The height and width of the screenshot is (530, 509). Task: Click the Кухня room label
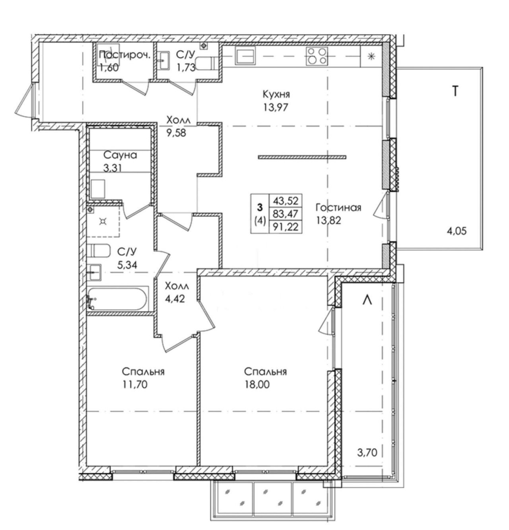click(276, 95)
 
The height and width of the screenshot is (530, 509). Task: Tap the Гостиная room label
click(338, 208)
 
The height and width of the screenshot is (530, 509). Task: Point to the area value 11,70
click(135, 384)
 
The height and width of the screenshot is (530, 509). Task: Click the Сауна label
click(120, 155)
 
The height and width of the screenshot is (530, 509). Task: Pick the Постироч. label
click(124, 55)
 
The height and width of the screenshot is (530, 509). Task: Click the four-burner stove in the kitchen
click(317, 56)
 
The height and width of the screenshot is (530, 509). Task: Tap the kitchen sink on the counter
click(246, 56)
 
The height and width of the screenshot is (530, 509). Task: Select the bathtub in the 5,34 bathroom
click(118, 298)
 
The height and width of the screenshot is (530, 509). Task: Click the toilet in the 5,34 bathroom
click(99, 250)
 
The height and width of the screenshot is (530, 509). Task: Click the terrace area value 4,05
click(457, 231)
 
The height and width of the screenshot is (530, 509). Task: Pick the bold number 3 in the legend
click(260, 208)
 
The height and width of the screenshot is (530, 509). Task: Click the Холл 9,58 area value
click(177, 133)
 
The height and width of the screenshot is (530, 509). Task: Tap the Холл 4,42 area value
click(175, 299)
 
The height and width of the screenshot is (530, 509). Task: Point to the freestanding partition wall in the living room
click(302, 157)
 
